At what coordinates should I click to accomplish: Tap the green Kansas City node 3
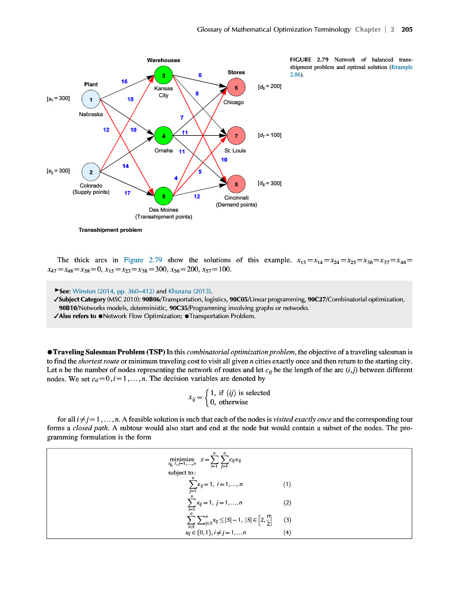[x=163, y=75]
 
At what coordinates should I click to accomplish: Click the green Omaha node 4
[x=163, y=136]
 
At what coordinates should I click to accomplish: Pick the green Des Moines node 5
[x=163, y=196]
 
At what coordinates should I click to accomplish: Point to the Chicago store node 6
[x=236, y=88]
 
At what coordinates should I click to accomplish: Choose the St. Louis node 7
[x=236, y=136]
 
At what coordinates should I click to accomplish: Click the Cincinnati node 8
[x=236, y=184]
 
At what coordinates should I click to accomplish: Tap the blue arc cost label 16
[x=124, y=82]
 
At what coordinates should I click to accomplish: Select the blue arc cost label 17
[x=127, y=193]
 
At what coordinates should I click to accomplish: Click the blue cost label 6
[x=200, y=75]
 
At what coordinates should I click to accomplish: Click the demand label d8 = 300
[x=270, y=183]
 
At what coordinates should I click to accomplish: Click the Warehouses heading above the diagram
[x=163, y=60]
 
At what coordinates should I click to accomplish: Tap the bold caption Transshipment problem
[x=110, y=230]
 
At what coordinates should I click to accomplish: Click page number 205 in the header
[x=408, y=29]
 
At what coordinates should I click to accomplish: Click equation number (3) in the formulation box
[x=287, y=519]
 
